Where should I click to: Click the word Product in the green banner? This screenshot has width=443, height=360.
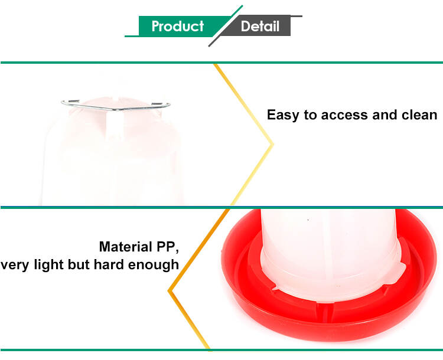click(x=177, y=26)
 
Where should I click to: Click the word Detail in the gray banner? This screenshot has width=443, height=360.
click(x=260, y=26)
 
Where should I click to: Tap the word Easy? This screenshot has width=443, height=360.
click(x=283, y=115)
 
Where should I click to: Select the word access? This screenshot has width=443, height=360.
click(x=344, y=115)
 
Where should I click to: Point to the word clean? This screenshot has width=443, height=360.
click(x=419, y=114)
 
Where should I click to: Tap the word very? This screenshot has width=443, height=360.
click(x=15, y=266)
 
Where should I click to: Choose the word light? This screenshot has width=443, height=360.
click(x=48, y=265)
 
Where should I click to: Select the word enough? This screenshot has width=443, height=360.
click(x=154, y=265)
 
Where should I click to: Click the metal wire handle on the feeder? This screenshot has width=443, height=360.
click(x=116, y=105)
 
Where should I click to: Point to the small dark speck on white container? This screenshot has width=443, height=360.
click(x=308, y=220)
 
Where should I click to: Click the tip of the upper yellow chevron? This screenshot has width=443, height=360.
click(x=273, y=144)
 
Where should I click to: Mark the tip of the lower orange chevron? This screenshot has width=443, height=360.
click(x=169, y=290)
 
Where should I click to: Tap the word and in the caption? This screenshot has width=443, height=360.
click(x=385, y=114)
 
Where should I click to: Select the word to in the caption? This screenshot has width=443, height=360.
click(x=310, y=115)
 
